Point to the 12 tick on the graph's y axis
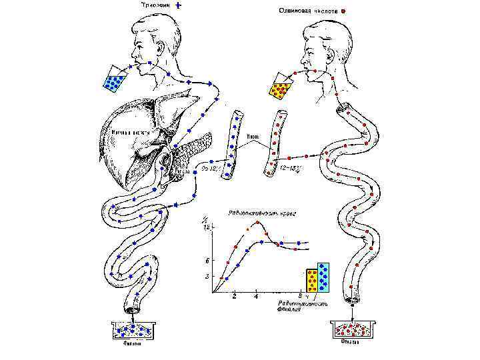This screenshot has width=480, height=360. pos(207,227)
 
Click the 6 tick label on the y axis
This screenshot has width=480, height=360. pos(208,260)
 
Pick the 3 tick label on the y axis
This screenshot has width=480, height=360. pos(208,275)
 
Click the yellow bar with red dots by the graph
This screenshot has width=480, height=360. pos(312,280)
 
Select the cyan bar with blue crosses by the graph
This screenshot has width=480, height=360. pos(324,277)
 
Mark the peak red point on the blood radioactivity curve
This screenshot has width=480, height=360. pos(257,223)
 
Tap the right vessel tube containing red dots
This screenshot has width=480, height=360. pos(275,143)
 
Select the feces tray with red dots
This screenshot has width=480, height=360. pos(351,330)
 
